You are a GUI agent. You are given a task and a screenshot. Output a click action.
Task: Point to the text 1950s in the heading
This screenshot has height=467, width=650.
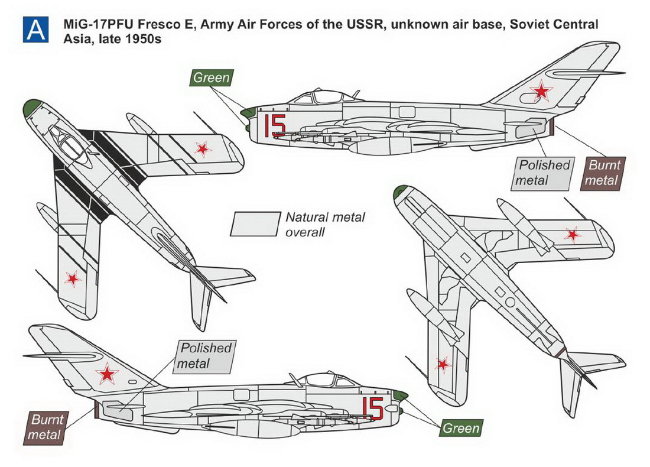[147, 39]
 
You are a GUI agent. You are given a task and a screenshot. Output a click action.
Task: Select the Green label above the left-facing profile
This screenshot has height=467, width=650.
[211, 78]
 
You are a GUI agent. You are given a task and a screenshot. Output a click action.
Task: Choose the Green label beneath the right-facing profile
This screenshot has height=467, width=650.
[461, 427]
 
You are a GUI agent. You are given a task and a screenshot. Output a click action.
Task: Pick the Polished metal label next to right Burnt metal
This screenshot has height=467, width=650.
[542, 173]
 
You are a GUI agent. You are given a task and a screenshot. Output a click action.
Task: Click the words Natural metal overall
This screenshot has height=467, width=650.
[325, 225]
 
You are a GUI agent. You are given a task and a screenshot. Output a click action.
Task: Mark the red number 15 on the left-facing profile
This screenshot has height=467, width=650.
[275, 125]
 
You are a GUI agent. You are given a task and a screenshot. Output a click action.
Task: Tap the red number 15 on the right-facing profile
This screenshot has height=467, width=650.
[372, 407]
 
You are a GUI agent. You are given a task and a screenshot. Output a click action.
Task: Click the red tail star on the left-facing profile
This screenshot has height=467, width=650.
[540, 92]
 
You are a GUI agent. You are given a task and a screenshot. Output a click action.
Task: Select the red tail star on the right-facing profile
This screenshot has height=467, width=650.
[107, 373]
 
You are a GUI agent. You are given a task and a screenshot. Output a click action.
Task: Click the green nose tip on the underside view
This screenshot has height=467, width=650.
[401, 191]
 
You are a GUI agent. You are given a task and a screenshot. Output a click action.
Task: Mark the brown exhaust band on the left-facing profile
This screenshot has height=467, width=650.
[552, 125]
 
